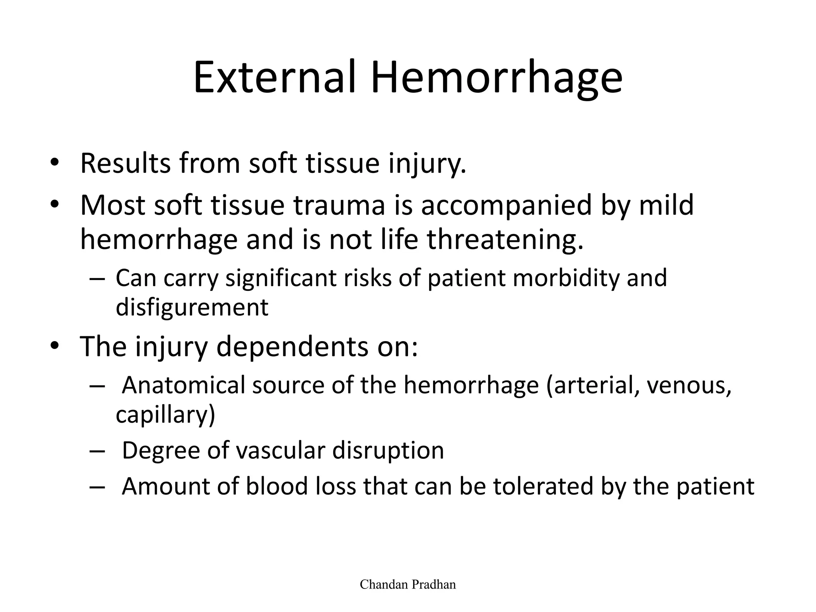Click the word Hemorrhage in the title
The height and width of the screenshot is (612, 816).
click(496, 78)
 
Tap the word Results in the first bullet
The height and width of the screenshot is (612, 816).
click(126, 163)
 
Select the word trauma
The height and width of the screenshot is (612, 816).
click(339, 205)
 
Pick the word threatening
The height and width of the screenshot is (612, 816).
click(505, 240)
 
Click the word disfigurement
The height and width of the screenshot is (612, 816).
click(192, 308)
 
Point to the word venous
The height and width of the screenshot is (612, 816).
click(689, 386)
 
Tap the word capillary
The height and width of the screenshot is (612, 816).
click(165, 415)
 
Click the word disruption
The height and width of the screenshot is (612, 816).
click(388, 451)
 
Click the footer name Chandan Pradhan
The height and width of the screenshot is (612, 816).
click(408, 585)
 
